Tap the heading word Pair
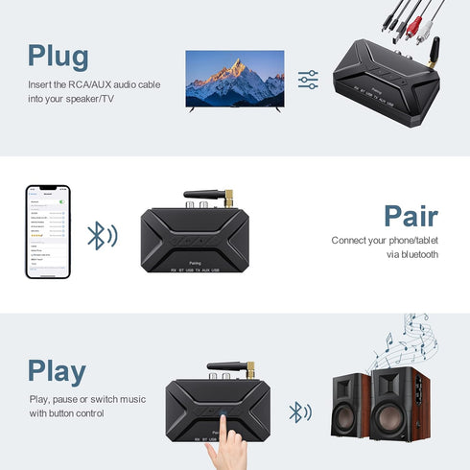(x=411, y=216)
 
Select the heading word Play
(x=57, y=370)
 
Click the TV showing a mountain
(x=234, y=81)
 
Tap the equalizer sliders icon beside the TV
(x=308, y=80)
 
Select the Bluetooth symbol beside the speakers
(x=300, y=412)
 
